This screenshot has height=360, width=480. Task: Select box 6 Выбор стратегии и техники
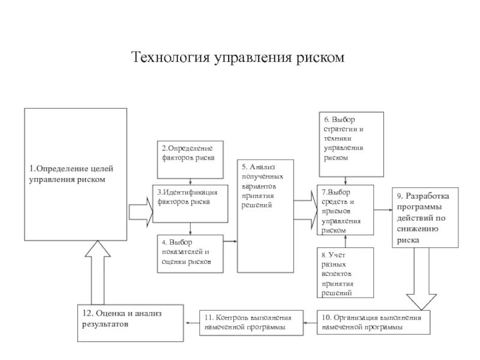[350, 144]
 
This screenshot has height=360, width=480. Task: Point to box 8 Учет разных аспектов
[345, 273]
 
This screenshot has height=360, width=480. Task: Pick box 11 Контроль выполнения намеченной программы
[251, 323]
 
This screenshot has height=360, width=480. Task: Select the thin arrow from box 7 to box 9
[383, 211]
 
